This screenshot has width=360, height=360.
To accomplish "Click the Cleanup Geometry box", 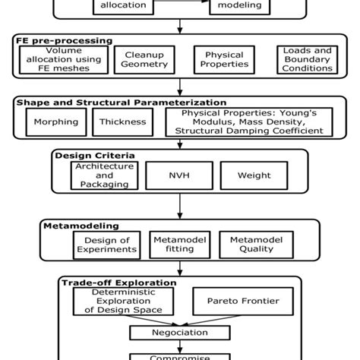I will tap(144, 59).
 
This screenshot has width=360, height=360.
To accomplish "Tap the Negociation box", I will tap(179, 333).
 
